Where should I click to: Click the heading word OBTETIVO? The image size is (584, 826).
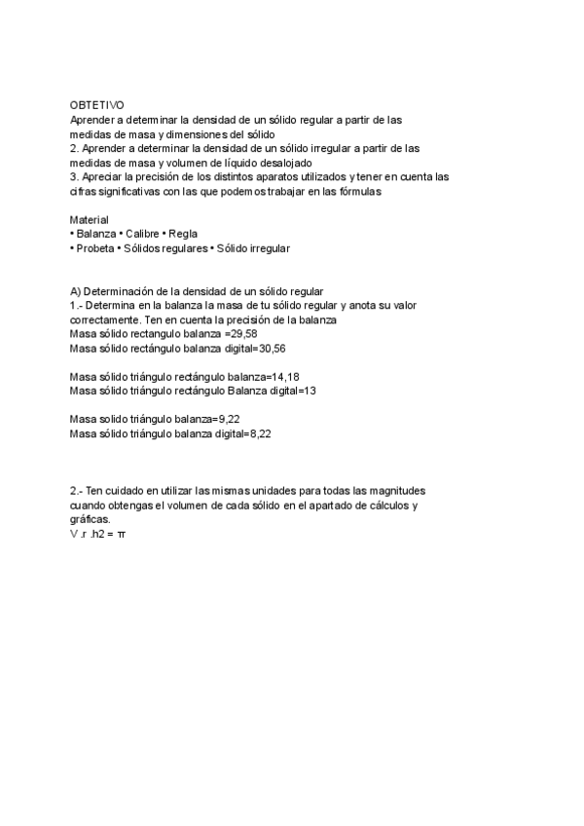(x=97, y=104)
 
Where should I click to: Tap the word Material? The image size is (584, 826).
(x=90, y=220)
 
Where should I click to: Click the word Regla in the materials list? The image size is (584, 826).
(x=183, y=234)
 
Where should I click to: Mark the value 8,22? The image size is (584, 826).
(x=258, y=433)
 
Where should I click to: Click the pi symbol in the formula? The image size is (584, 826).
(x=121, y=535)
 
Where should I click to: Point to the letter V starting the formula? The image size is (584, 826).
(x=73, y=535)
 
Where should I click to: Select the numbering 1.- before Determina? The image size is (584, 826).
(x=76, y=305)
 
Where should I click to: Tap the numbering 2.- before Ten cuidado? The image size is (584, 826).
(x=77, y=491)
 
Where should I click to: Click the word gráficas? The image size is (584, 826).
(x=91, y=520)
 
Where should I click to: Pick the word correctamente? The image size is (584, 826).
(x=105, y=319)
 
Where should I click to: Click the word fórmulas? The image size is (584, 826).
(x=359, y=192)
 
